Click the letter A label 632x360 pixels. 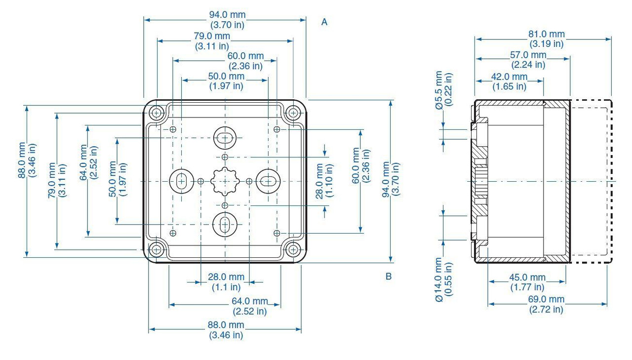click(324, 22)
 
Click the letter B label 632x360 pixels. click(389, 276)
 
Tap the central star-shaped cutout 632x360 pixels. click(225, 181)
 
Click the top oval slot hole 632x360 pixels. click(225, 138)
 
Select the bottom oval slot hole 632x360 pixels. click(225, 224)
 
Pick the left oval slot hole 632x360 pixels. click(181, 181)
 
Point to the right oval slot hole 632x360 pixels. click(268, 181)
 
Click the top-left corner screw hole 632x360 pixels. click(157, 114)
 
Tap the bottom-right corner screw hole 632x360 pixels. click(293, 249)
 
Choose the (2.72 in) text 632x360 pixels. click(546, 310)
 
